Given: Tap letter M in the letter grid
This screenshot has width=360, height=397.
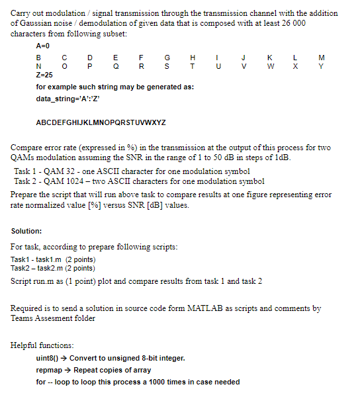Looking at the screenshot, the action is [321, 59].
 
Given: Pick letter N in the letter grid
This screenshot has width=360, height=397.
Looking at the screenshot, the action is [39, 67].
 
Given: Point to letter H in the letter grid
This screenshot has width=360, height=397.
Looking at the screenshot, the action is [192, 59].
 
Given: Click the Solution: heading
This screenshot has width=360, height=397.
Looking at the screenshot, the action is [27, 231].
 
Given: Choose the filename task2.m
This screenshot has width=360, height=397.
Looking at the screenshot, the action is [56, 268].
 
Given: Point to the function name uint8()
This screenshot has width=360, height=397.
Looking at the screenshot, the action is [48, 359].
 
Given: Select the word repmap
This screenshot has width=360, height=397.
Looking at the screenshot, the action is [51, 370].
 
